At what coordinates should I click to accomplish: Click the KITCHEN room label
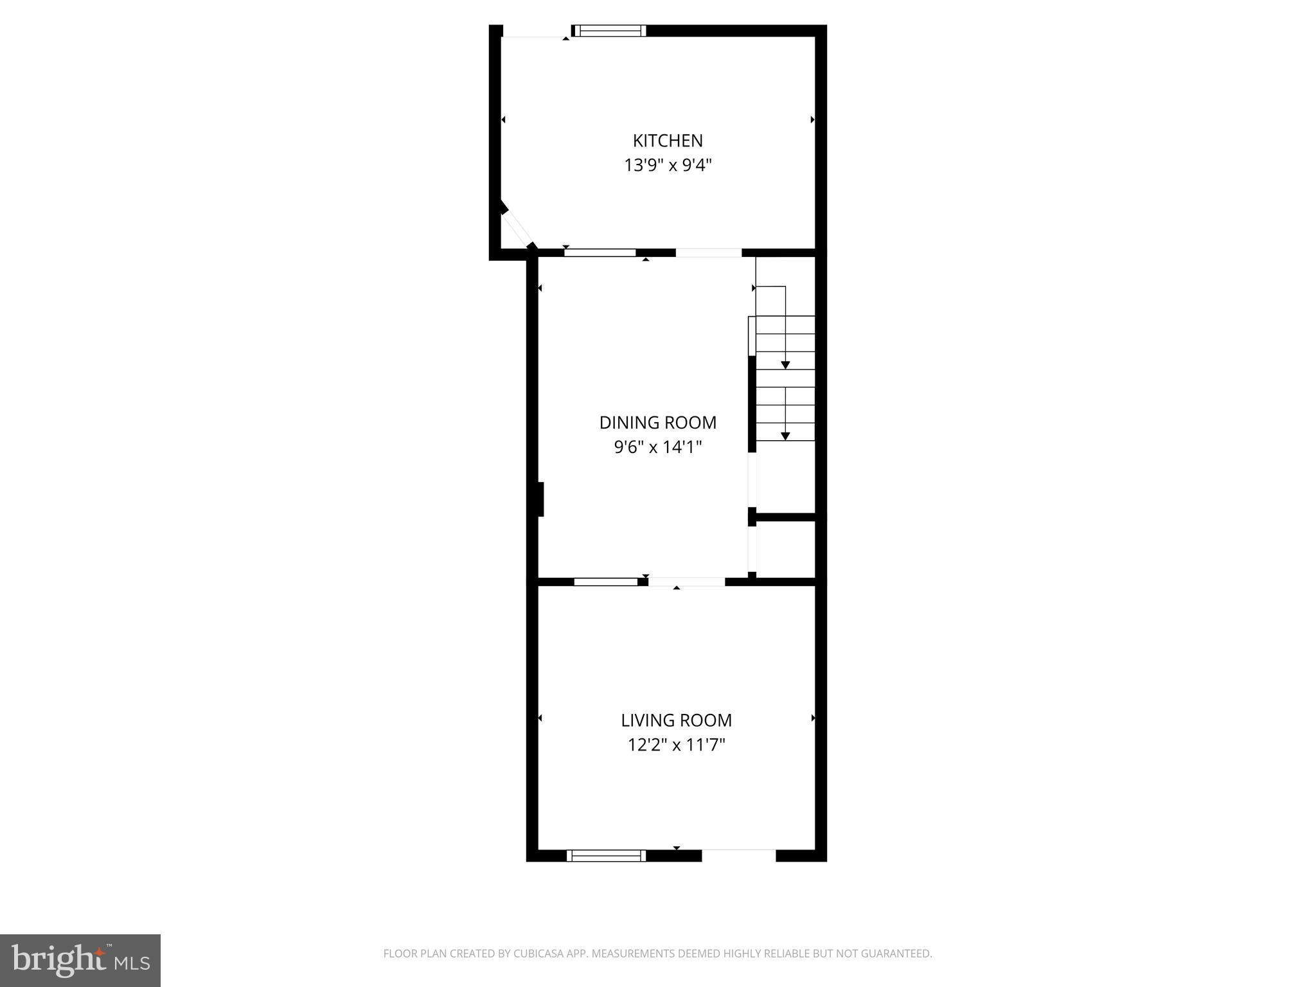(x=668, y=141)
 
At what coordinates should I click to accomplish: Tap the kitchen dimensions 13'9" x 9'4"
(x=668, y=166)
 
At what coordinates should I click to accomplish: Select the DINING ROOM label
(x=657, y=423)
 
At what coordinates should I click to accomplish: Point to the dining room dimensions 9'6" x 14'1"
(x=657, y=447)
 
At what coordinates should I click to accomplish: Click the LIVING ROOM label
(x=676, y=720)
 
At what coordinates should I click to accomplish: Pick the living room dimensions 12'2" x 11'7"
(x=676, y=745)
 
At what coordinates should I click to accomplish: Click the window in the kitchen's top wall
(x=609, y=30)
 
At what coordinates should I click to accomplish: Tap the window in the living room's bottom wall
(x=606, y=855)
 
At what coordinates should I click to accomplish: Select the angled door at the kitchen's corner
(x=515, y=227)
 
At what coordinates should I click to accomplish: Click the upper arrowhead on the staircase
(x=785, y=365)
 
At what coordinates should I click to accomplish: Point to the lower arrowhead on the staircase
(x=785, y=436)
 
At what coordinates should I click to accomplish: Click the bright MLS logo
(x=80, y=961)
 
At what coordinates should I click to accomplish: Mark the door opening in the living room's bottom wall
(x=739, y=855)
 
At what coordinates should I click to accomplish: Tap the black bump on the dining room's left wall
(x=541, y=499)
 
